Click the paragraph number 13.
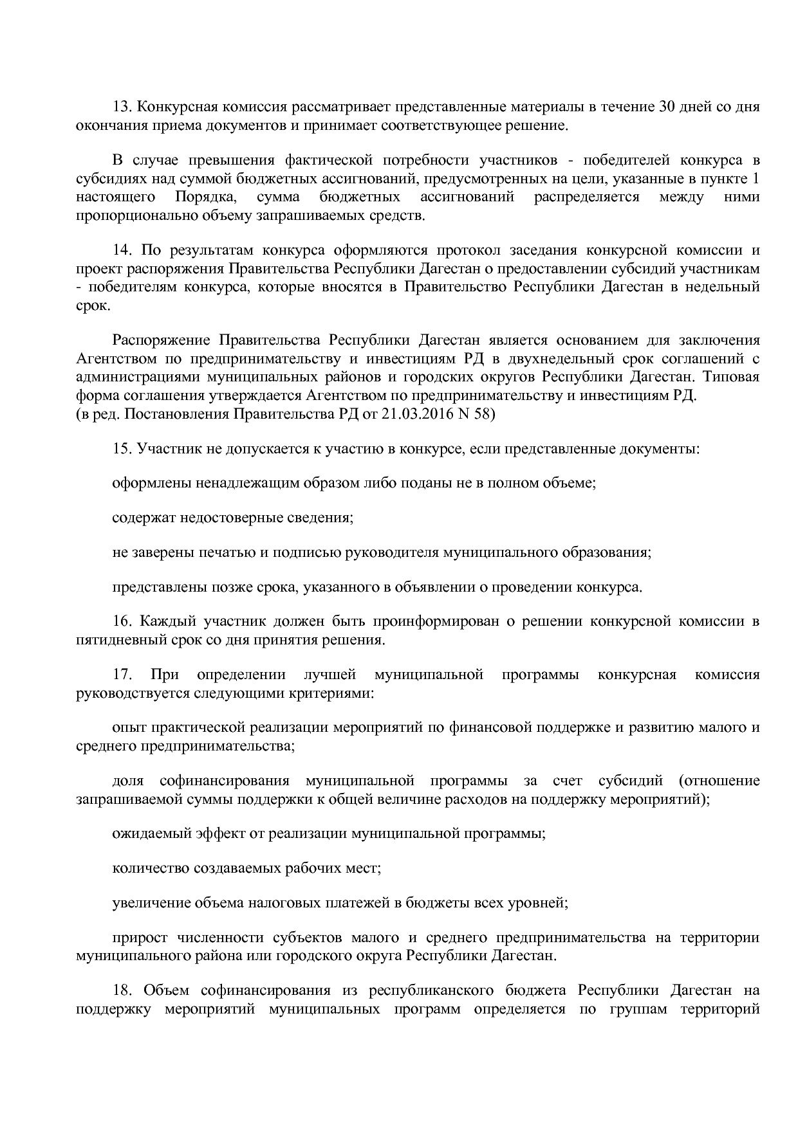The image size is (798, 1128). click(122, 107)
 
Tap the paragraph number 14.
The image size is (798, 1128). click(122, 250)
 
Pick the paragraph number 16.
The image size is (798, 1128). click(122, 622)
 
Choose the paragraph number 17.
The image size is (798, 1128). click(122, 675)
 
